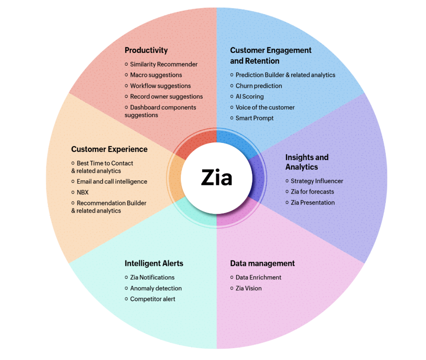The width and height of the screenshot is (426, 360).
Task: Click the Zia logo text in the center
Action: (x=217, y=177)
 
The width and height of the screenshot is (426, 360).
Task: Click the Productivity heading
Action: (x=146, y=50)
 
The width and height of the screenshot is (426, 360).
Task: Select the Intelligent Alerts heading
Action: (x=154, y=263)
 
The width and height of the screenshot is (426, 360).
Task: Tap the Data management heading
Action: (x=262, y=263)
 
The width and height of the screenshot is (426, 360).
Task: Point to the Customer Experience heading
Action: (x=109, y=149)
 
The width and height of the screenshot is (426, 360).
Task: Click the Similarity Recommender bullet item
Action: (x=161, y=64)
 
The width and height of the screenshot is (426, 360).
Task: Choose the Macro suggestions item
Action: (x=153, y=75)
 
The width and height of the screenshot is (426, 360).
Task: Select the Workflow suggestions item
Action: (x=157, y=86)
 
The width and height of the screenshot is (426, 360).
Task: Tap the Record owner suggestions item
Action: (x=164, y=96)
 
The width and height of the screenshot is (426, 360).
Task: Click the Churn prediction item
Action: (x=256, y=86)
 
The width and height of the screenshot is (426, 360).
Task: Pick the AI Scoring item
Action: (x=246, y=96)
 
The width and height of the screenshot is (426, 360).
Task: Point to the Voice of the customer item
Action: (x=262, y=107)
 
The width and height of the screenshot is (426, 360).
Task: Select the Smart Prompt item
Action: (x=251, y=118)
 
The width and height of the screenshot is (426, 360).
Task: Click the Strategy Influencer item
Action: (x=314, y=181)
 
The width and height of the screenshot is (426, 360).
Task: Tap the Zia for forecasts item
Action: (x=309, y=192)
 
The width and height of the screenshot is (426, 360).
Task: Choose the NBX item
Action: (x=80, y=192)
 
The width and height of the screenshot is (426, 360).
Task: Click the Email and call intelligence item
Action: (x=109, y=181)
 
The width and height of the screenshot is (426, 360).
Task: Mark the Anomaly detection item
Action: (x=153, y=288)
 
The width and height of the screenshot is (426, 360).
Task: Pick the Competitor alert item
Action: (x=150, y=299)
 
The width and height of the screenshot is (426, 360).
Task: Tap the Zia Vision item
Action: (x=246, y=288)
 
